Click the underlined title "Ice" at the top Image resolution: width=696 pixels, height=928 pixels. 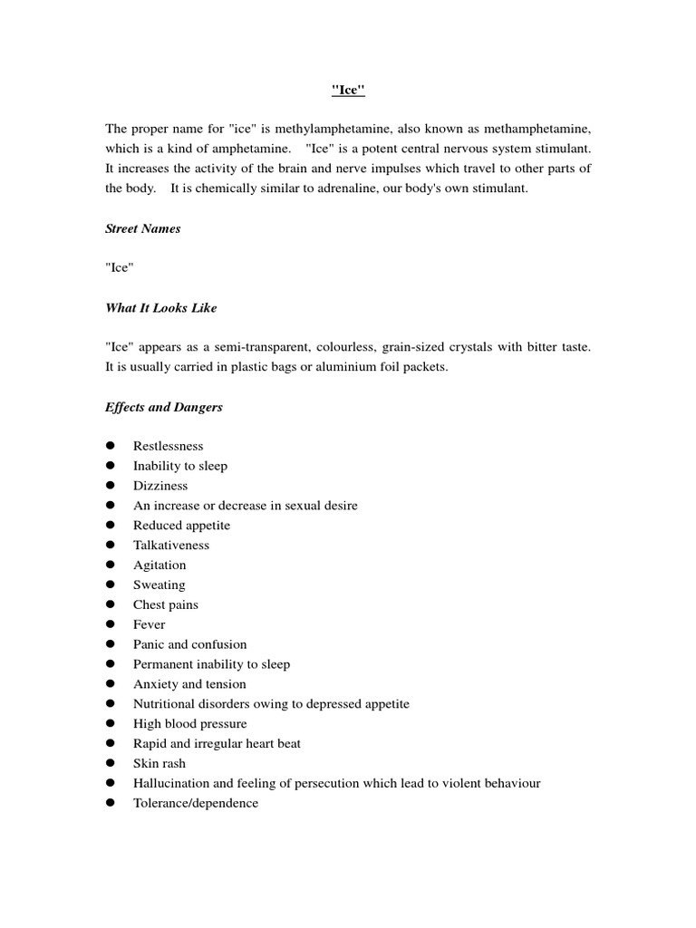tap(348, 91)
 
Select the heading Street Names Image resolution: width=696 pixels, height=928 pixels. tap(142, 228)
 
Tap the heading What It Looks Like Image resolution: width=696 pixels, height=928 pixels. tap(160, 308)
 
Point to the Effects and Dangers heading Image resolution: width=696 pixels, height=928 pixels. tap(163, 407)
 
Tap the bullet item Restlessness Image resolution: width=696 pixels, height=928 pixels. tap(168, 446)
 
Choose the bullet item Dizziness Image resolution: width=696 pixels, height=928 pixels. tap(160, 486)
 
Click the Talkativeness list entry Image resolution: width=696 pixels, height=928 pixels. tap(170, 546)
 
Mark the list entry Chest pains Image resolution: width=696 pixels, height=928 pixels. tap(165, 604)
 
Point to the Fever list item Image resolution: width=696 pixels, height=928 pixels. tap(149, 624)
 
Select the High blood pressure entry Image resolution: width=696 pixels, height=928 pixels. tap(189, 724)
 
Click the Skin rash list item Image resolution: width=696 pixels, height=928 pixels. tap(159, 763)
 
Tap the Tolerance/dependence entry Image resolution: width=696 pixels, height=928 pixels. tap(195, 803)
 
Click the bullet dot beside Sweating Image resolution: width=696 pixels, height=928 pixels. tap(111, 585)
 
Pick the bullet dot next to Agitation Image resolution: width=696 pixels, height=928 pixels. tap(111, 565)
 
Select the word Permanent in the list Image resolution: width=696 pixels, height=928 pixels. tap(162, 664)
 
